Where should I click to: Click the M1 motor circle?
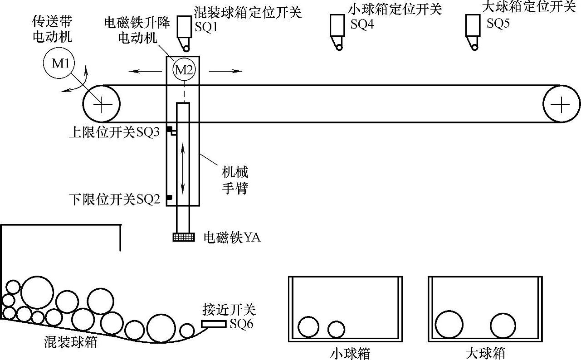pyautogui.click(x=60, y=64)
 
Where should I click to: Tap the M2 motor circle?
pyautogui.click(x=184, y=70)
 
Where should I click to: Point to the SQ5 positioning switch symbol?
pyautogui.click(x=473, y=31)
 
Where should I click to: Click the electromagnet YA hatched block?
pyautogui.click(x=184, y=237)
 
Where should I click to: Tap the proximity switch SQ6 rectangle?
pyautogui.click(x=214, y=324)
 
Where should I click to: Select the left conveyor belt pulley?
pyautogui.click(x=101, y=104)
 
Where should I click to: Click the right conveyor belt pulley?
pyautogui.click(x=561, y=104)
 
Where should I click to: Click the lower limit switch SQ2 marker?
pyautogui.click(x=169, y=198)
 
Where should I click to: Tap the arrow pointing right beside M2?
pyautogui.click(x=225, y=71)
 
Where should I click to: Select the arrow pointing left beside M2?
pyautogui.click(x=144, y=71)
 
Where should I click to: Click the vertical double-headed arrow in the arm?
pyautogui.click(x=183, y=168)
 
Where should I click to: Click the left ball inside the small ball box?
pyautogui.click(x=309, y=327)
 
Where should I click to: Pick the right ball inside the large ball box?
pyautogui.click(x=503, y=326)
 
